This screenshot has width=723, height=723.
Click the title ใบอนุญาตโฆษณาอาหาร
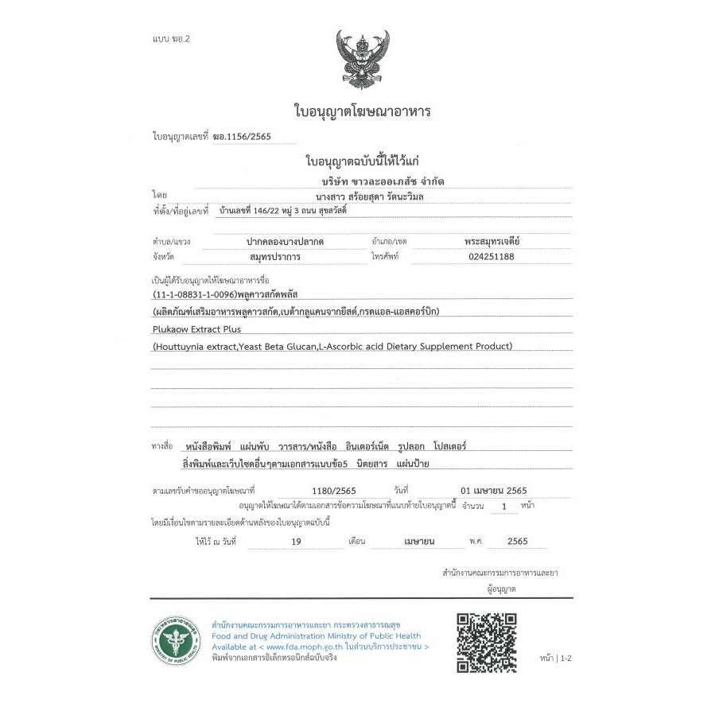pos(362,111)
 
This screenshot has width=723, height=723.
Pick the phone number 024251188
pos(487,256)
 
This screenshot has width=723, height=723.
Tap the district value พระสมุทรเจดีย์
pos(492,240)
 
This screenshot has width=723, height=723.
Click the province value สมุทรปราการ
pos(280,256)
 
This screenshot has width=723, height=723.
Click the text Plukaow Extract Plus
pos(196,328)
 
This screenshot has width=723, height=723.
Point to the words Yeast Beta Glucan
pos(278,346)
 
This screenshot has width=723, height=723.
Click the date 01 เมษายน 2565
pos(493,490)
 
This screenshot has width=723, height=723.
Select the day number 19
pos(296,541)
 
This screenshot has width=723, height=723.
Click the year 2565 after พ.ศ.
pos(517,541)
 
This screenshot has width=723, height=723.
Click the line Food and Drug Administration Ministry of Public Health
pos(316,636)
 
